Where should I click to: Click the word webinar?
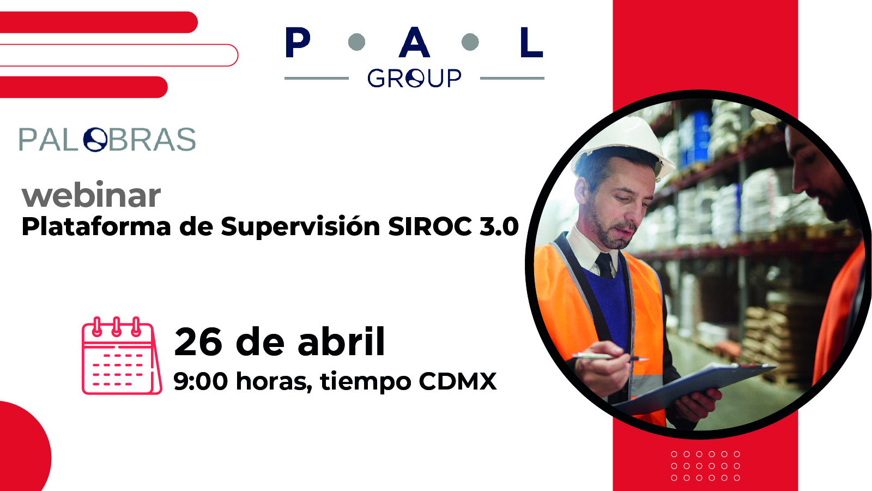point(91,195)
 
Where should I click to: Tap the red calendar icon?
point(122,356)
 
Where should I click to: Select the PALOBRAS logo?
point(107,139)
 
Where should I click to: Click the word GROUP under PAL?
point(414,78)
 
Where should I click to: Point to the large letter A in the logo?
point(414,42)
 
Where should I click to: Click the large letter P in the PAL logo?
point(298,42)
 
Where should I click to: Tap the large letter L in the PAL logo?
point(532,42)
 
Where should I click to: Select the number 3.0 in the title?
point(499,226)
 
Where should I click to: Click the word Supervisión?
point(300,227)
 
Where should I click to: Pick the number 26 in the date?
point(198,342)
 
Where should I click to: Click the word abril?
point(341,341)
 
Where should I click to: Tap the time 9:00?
point(201,381)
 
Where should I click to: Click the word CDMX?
point(458,381)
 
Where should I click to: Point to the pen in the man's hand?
point(609,357)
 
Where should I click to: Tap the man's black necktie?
point(605,266)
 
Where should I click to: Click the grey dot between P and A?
point(356,42)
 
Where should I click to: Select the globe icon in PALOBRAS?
point(95,140)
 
